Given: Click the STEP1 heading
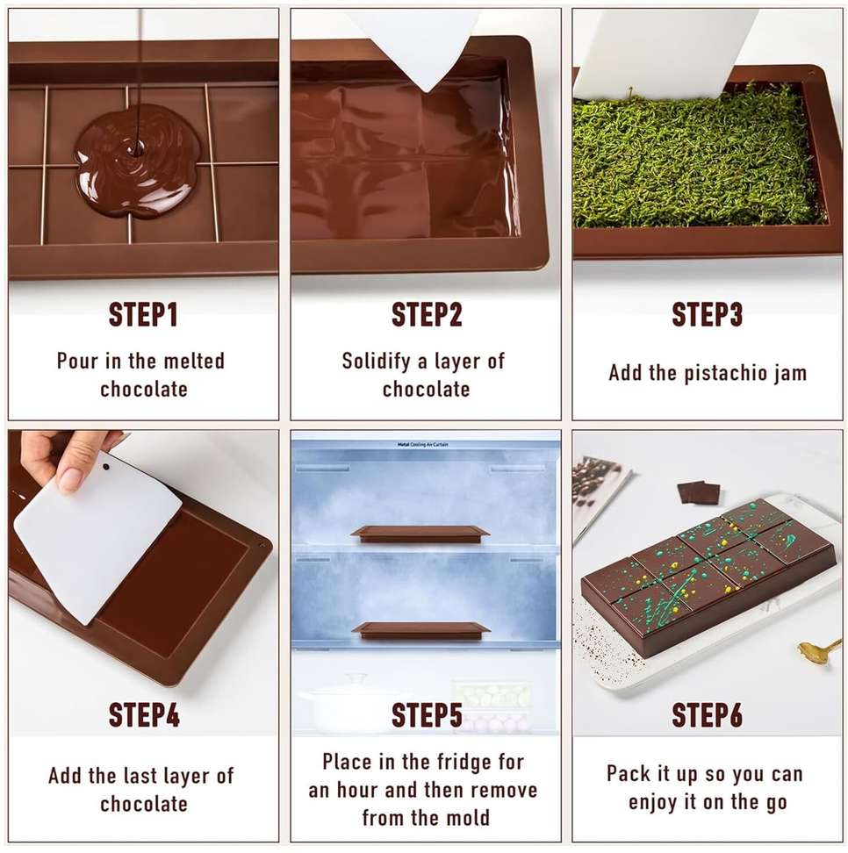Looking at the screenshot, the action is coord(143,314).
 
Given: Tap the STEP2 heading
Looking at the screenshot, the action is coord(427,314).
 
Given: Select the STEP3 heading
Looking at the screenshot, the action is coord(707,314).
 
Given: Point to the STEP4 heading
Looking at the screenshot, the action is coord(144,714).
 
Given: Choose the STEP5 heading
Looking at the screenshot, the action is coord(427,714).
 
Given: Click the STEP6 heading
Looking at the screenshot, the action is coord(707,714).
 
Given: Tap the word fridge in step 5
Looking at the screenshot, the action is coord(455,762).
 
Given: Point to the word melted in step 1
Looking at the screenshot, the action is coord(194,361).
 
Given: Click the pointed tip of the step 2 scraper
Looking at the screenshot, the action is coord(429,91).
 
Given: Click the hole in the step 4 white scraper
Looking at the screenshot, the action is coord(105,467).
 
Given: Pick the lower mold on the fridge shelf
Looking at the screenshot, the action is coord(420,630).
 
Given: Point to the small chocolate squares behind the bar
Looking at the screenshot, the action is coord(700,492).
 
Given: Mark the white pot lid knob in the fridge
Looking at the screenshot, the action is coord(357,677).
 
